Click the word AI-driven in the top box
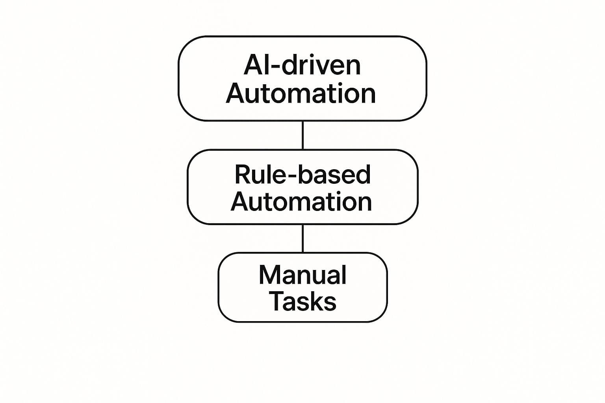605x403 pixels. pyautogui.click(x=302, y=65)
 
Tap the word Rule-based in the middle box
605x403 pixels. pyautogui.click(x=302, y=174)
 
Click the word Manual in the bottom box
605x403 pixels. pyautogui.click(x=302, y=275)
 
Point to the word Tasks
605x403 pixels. pyautogui.click(x=302, y=301)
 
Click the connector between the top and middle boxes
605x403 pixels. pyautogui.click(x=302, y=135)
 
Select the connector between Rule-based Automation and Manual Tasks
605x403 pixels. pyautogui.click(x=302, y=238)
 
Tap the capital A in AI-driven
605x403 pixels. pyautogui.click(x=252, y=65)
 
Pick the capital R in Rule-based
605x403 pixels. pyautogui.click(x=242, y=174)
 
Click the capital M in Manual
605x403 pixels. pyautogui.click(x=269, y=275)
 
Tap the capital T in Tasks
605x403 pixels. pyautogui.click(x=276, y=301)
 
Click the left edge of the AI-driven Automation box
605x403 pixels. pyautogui.click(x=179, y=79)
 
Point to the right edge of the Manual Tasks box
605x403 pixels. pyautogui.click(x=387, y=287)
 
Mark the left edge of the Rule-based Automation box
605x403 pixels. pyautogui.click(x=188, y=187)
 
